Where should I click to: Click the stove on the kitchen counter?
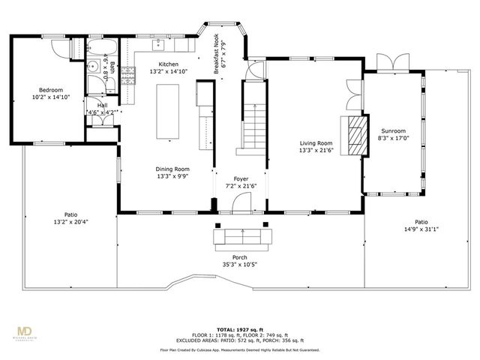tap(127, 73)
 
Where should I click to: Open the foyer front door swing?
tap(241, 203)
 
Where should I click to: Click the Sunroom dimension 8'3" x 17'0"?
tap(393, 138)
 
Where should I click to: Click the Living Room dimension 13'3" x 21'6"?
tap(316, 148)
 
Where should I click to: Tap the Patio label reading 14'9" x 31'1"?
tap(421, 229)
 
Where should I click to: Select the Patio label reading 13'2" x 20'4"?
tap(71, 222)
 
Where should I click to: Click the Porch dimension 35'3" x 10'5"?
tap(239, 265)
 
